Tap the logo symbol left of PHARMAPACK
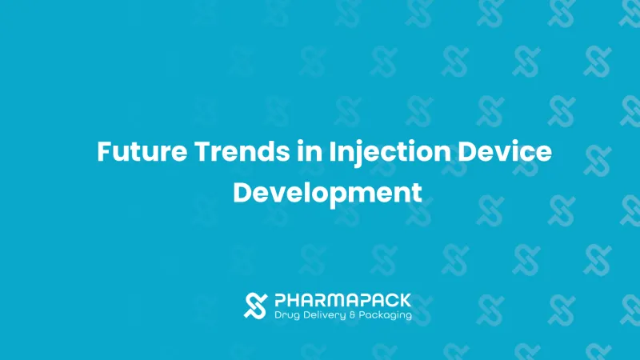click(x=255, y=306)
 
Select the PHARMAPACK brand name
click(x=342, y=301)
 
